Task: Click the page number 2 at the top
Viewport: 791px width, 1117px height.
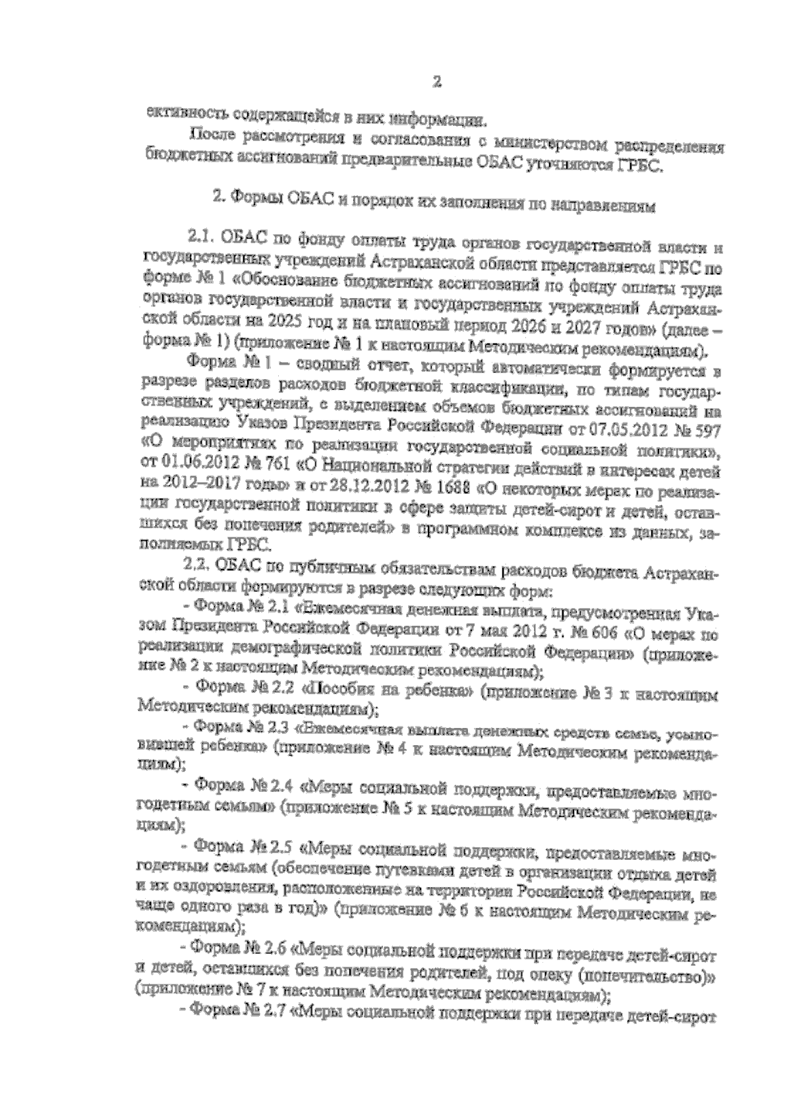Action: (436, 82)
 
